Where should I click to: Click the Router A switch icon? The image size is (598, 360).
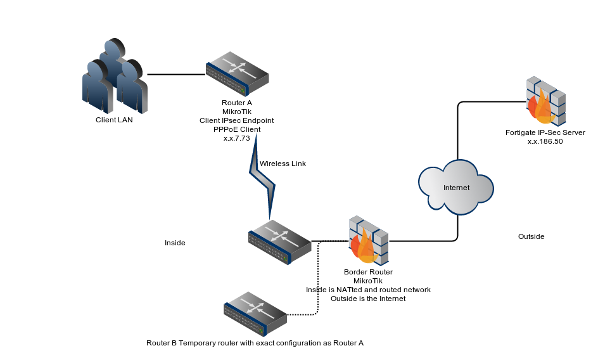pyautogui.click(x=237, y=78)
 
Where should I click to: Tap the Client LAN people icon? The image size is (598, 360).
pyautogui.click(x=115, y=77)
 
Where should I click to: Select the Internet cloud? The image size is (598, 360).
pyautogui.click(x=456, y=188)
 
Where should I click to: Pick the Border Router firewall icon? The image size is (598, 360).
pyautogui.click(x=367, y=241)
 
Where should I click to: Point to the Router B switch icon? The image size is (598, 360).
pyautogui.click(x=255, y=314)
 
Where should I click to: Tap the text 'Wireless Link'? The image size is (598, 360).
pyautogui.click(x=283, y=164)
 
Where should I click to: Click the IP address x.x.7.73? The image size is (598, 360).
pyautogui.click(x=237, y=138)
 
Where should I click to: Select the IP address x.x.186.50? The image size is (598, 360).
pyautogui.click(x=545, y=142)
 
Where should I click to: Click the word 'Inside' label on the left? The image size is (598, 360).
pyautogui.click(x=175, y=243)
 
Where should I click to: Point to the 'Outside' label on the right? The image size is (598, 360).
pyautogui.click(x=531, y=236)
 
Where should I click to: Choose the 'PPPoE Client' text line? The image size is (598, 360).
pyautogui.click(x=237, y=129)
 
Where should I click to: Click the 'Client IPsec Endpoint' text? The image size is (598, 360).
pyautogui.click(x=237, y=120)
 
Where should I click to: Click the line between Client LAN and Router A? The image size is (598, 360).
pyautogui.click(x=176, y=74)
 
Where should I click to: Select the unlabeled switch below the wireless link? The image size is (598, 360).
pyautogui.click(x=279, y=242)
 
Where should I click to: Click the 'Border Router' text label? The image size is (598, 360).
pyautogui.click(x=367, y=272)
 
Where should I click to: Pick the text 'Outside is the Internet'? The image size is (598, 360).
pyautogui.click(x=368, y=299)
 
